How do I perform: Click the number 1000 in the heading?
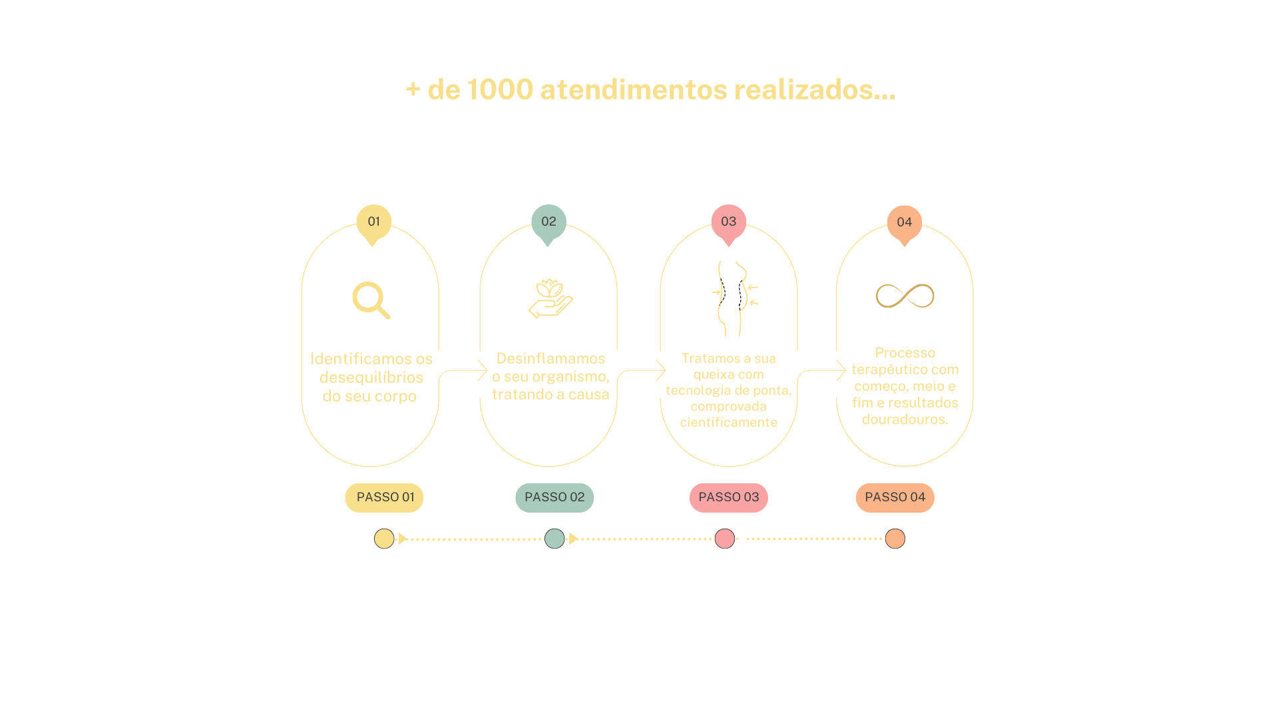pos(500,90)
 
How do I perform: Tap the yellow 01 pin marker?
pos(373,222)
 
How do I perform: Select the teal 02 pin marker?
pos(548,222)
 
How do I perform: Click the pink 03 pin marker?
pos(728,222)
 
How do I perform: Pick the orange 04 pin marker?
pos(904,223)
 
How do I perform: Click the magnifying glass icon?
pos(371,300)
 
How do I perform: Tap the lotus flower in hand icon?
pos(550,298)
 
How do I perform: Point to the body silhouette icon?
pos(733,298)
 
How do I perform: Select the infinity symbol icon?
pos(905,296)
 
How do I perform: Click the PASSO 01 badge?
pos(385,497)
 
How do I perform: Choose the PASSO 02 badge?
pos(554,497)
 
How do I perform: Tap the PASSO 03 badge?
pos(728,497)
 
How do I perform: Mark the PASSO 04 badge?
pos(895,497)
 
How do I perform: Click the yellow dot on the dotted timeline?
pos(384,539)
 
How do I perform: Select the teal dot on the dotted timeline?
pos(554,539)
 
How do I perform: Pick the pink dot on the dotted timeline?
pos(725,539)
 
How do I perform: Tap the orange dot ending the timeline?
pos(895,539)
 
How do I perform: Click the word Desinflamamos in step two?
pos(550,359)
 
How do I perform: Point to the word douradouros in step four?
pos(904,419)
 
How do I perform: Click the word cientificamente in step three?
pos(728,423)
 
